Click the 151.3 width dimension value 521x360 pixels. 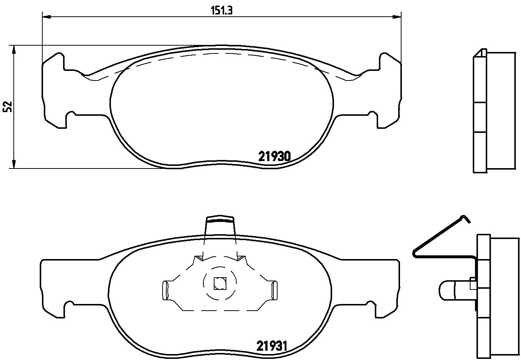point(222,10)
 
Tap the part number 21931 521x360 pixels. point(272,346)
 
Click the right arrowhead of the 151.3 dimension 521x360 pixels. point(397,16)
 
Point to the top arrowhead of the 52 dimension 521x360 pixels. point(14,49)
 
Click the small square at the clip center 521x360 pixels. point(219,284)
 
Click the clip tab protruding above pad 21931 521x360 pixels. point(220,226)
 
